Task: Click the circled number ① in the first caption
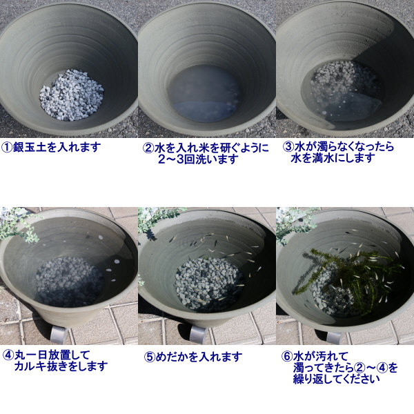pyautogui.click(x=7, y=147)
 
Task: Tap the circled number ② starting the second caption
pyautogui.click(x=148, y=148)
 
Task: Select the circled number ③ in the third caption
pyautogui.click(x=288, y=147)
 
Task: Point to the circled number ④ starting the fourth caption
pyautogui.click(x=8, y=355)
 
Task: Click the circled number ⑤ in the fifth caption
pyautogui.click(x=149, y=357)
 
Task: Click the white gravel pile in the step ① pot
pyautogui.click(x=71, y=95)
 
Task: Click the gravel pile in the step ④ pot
pyautogui.click(x=68, y=282)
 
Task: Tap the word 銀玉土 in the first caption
pyautogui.click(x=28, y=147)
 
